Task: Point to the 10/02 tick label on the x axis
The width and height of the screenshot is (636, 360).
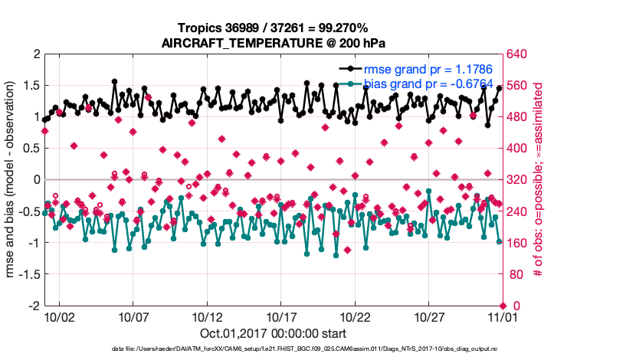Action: [59, 316]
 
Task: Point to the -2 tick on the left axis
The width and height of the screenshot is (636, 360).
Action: [34, 306]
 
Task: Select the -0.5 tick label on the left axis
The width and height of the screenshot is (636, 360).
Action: [28, 211]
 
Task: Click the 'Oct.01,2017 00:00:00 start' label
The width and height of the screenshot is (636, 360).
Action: [274, 333]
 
